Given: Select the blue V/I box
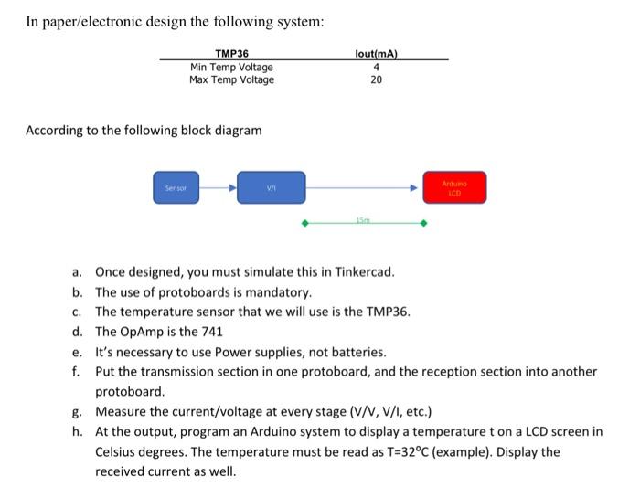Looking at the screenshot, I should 271,187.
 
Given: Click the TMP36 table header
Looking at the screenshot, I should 230,54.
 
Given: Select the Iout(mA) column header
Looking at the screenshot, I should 376,54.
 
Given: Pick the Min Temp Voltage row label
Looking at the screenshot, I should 230,67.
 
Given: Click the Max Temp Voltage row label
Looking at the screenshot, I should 231,79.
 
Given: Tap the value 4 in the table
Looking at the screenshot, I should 376,67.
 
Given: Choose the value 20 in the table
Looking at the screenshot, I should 376,79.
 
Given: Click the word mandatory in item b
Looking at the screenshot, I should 282,293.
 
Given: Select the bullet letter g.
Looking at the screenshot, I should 79,411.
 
